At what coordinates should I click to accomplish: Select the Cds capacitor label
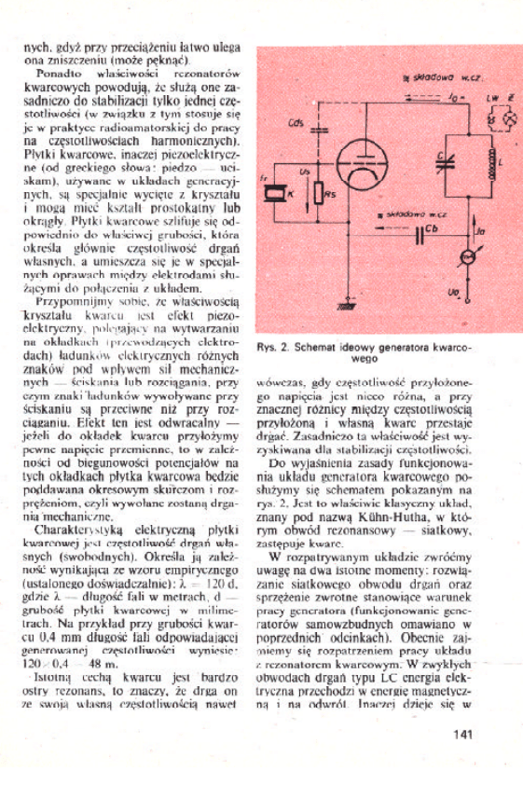coord(296,122)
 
